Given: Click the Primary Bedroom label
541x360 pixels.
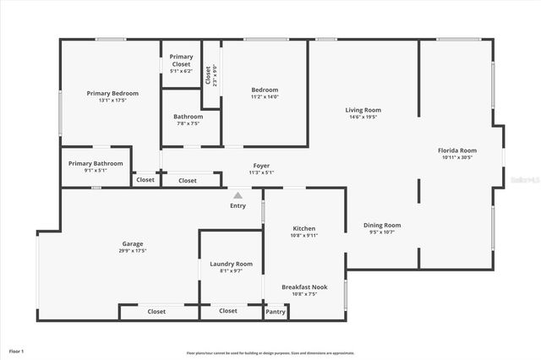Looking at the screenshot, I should (x=112, y=93).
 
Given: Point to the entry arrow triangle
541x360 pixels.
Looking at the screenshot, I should (x=238, y=195).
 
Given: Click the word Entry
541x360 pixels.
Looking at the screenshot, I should (x=238, y=205).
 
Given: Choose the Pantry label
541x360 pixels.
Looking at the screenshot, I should (x=276, y=311).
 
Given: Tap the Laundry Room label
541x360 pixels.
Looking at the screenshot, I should (x=231, y=264).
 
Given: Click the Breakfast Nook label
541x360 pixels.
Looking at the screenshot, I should (x=304, y=286).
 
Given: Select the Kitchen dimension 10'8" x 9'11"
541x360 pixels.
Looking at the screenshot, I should (x=304, y=236).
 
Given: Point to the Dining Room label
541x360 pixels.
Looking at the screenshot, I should (x=382, y=225).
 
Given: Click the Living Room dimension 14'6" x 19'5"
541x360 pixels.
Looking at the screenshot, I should (x=363, y=117).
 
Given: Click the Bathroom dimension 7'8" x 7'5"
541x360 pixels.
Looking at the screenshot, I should (x=188, y=123).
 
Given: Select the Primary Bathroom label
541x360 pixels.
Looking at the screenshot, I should (x=96, y=163).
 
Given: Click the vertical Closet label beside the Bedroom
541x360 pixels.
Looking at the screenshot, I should (x=208, y=74).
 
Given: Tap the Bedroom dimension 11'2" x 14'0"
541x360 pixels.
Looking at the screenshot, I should (x=265, y=97).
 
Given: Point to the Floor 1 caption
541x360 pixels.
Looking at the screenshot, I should (x=17, y=351).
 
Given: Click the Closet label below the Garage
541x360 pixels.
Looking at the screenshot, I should (x=156, y=311).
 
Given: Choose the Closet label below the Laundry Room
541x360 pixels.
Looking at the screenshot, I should (x=228, y=311).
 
